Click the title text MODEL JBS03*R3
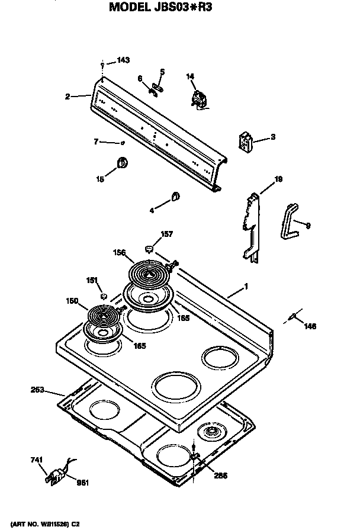[x=172, y=8]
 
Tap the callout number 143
[x=123, y=60]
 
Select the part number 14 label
[x=190, y=76]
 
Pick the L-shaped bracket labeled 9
[x=288, y=220]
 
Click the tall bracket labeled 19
[x=252, y=228]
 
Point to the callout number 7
[x=95, y=142]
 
